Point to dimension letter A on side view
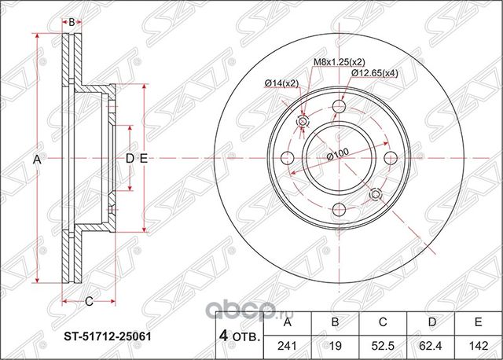[x=36, y=160]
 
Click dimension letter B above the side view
[x=72, y=22]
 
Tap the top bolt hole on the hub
[x=340, y=108]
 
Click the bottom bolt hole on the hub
[x=340, y=209]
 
